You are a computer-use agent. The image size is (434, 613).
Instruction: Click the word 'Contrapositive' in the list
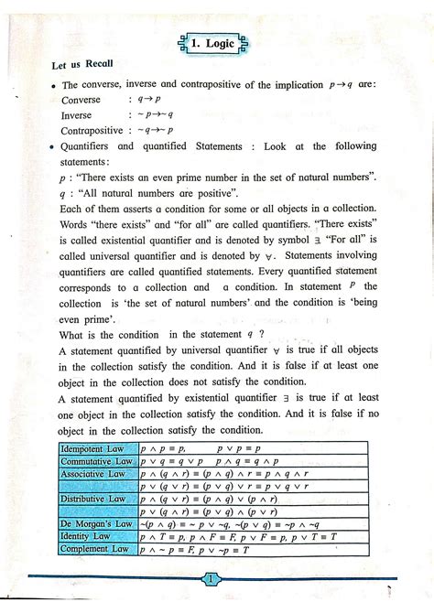coord(92,131)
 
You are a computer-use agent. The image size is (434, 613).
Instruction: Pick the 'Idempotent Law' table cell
coord(93,449)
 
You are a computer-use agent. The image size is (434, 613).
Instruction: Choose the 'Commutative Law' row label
coord(96,462)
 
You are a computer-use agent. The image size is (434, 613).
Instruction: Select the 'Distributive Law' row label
coord(92,499)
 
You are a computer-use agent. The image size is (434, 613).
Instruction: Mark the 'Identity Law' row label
coord(85,536)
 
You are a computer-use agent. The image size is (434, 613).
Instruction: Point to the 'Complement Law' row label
coord(92,549)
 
